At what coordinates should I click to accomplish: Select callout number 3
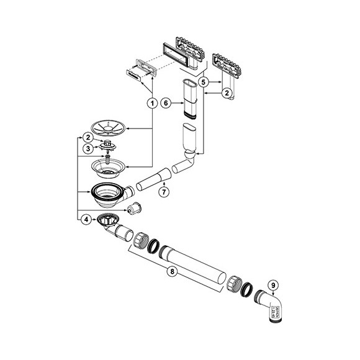click(x=88, y=149)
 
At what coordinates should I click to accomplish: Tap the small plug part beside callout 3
click(x=109, y=146)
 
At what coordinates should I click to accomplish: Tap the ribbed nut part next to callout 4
click(x=110, y=219)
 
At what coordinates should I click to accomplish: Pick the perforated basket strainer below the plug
click(x=108, y=166)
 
